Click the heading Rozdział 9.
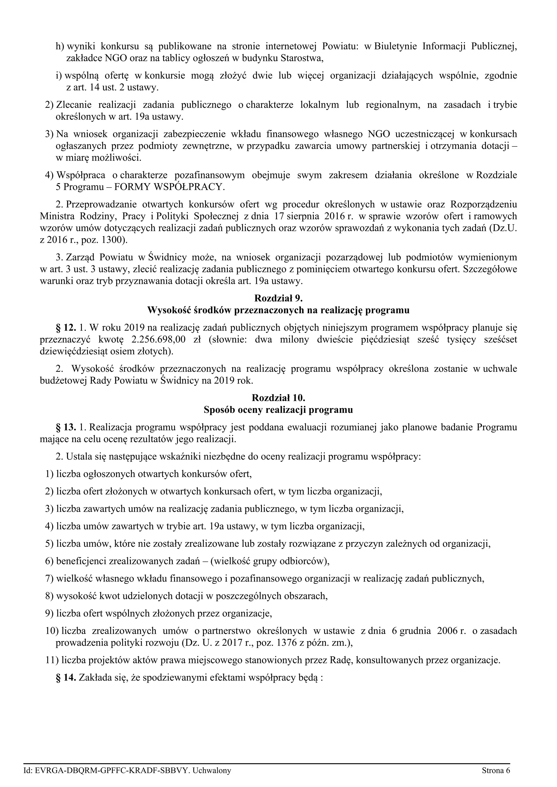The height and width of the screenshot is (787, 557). pyautogui.click(x=278, y=298)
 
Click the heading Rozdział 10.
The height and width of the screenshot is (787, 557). pyautogui.click(x=278, y=398)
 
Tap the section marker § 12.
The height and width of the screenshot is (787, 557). pyautogui.click(x=66, y=328)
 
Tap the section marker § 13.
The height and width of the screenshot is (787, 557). pyautogui.click(x=66, y=427)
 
